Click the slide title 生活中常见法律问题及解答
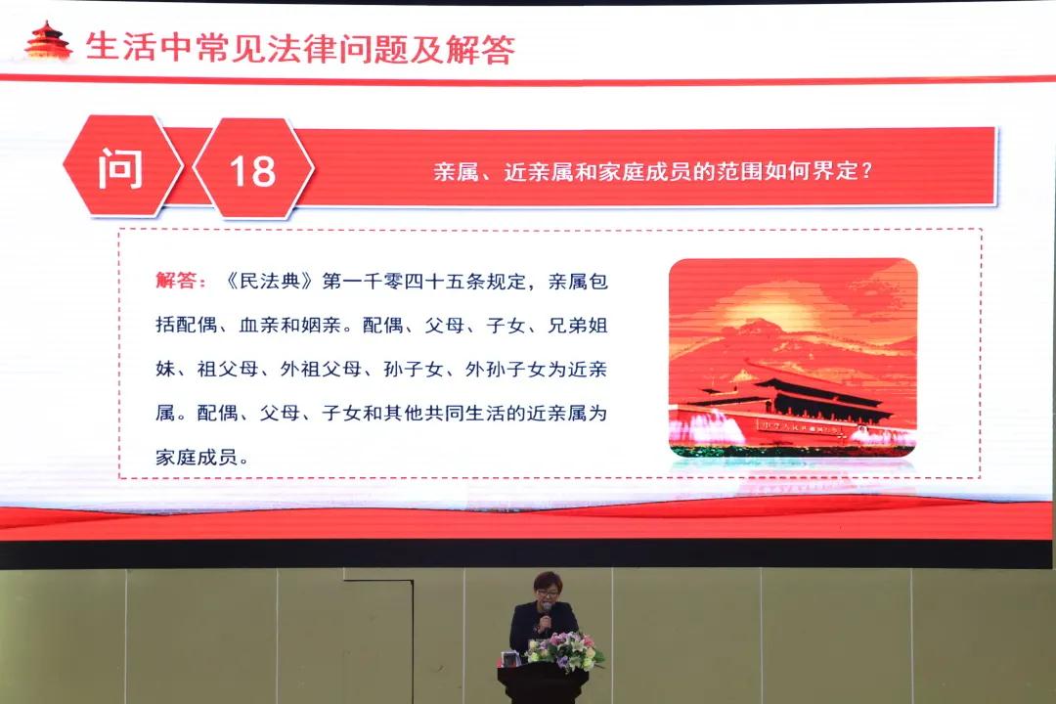(300, 48)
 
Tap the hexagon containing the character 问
(122, 166)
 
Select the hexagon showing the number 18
(253, 168)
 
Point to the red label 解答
(176, 280)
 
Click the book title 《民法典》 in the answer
(269, 281)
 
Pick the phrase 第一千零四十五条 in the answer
(403, 281)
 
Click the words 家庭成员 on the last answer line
(197, 457)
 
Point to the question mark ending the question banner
(865, 170)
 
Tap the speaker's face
(547, 593)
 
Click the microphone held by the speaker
(547, 614)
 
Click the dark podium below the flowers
(543, 684)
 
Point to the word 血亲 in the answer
(258, 325)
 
